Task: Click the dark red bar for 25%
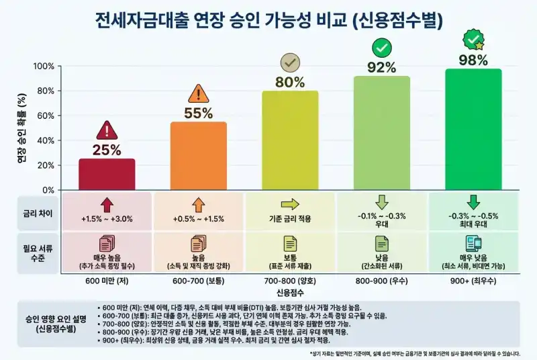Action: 107,174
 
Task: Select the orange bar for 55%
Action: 199,156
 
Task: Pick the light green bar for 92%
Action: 382,133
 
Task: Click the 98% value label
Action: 473,60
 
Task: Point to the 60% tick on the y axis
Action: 45,116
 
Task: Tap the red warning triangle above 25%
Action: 107,130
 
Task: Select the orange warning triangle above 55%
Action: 199,93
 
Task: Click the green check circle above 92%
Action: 382,48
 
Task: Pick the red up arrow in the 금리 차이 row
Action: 107,204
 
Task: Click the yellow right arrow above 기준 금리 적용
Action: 290,204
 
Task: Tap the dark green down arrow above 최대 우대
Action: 473,202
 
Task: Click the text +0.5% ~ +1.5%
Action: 199,219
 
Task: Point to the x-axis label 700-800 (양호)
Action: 290,281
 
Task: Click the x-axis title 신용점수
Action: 290,294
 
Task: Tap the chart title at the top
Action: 268,20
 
